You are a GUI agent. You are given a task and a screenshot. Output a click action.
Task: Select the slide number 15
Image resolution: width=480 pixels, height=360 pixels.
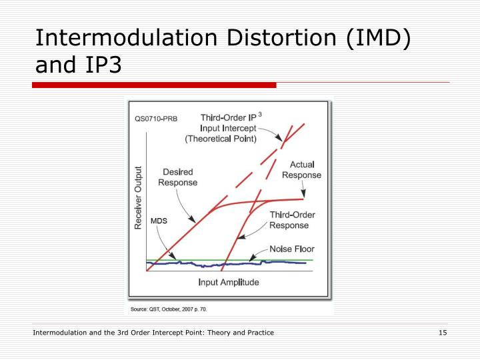(442, 333)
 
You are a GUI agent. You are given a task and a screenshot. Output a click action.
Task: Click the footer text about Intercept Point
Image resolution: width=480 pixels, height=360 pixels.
(153, 333)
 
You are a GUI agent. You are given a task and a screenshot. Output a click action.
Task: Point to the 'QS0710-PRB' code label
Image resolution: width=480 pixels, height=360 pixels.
(156, 120)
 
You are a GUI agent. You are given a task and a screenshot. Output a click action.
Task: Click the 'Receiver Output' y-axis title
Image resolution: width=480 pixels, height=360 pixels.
(139, 197)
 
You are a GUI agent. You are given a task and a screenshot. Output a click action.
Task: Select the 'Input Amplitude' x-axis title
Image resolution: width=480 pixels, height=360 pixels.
(229, 282)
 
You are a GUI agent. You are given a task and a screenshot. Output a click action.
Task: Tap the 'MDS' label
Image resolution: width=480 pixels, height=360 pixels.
(159, 221)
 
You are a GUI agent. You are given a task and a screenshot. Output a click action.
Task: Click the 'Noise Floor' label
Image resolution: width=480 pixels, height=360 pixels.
(291, 249)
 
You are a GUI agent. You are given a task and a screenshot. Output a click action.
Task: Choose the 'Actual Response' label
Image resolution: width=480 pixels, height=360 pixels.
(301, 169)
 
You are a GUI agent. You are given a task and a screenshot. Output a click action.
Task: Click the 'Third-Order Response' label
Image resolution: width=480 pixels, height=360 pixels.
(292, 220)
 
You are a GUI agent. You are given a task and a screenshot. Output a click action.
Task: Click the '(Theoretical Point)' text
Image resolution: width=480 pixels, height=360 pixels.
(221, 139)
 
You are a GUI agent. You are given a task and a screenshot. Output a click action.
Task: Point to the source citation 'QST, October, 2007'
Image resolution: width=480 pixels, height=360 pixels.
(171, 309)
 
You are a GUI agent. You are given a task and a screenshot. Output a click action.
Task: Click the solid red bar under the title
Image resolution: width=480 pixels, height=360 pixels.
(154, 85)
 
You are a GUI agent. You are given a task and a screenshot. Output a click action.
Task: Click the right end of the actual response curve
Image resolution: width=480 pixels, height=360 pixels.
(303, 198)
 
